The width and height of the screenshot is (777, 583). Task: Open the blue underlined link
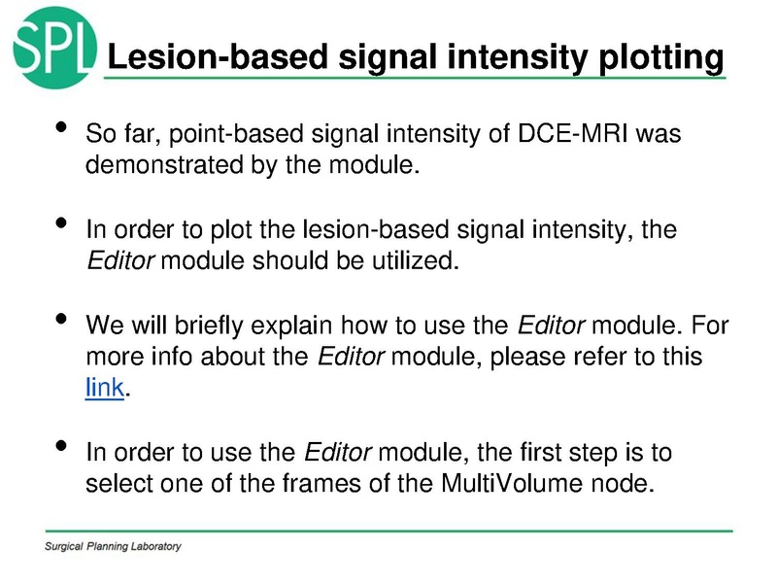click(x=105, y=388)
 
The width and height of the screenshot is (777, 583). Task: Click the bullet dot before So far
click(x=60, y=129)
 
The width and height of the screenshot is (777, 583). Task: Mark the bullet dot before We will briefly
click(x=60, y=321)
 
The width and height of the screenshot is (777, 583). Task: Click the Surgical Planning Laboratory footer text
click(x=113, y=547)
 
